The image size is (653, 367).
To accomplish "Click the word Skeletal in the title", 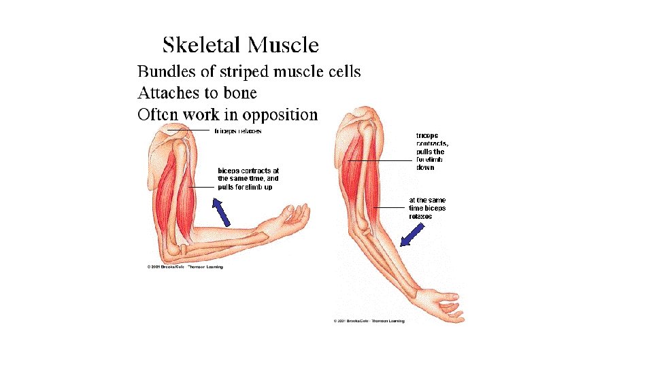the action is tap(201, 45).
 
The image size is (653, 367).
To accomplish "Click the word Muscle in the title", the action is tap(283, 45).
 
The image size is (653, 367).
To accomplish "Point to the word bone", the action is tap(239, 92).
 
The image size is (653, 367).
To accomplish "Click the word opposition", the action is tap(277, 115).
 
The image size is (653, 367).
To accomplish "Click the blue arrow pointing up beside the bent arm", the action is tap(222, 211).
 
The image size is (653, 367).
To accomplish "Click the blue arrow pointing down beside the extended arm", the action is tap(411, 234).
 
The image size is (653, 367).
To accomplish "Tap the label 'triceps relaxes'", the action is tap(238, 130).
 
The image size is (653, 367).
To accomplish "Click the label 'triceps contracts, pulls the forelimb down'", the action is tap(432, 151).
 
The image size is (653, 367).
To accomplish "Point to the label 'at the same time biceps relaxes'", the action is tap(427, 208).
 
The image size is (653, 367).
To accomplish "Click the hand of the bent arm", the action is tap(293, 217).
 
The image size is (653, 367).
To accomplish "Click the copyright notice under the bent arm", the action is tap(185, 267).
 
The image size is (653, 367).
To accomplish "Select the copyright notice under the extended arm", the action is tap(369, 320).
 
